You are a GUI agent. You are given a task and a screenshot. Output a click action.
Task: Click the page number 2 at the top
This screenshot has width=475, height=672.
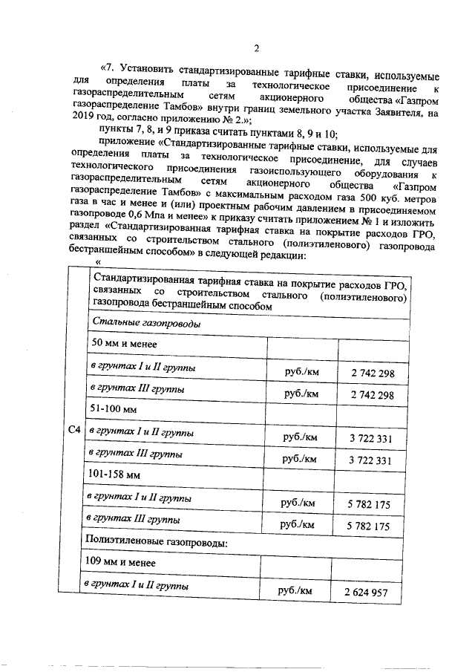pos(255,49)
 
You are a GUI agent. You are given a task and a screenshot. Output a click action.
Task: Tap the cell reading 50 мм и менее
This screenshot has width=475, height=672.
pos(123,344)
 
